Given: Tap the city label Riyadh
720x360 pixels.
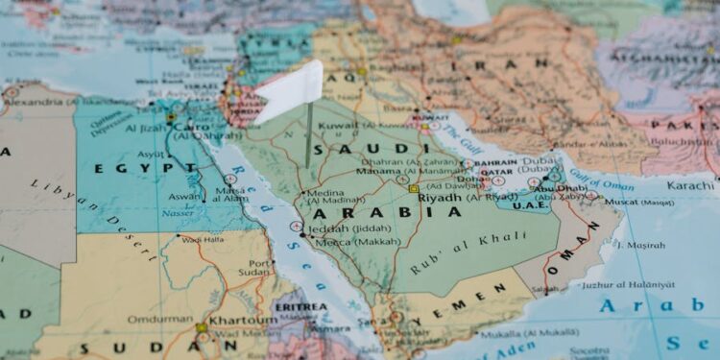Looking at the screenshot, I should (x=440, y=198).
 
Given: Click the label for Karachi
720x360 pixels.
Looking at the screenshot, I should (x=690, y=184).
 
